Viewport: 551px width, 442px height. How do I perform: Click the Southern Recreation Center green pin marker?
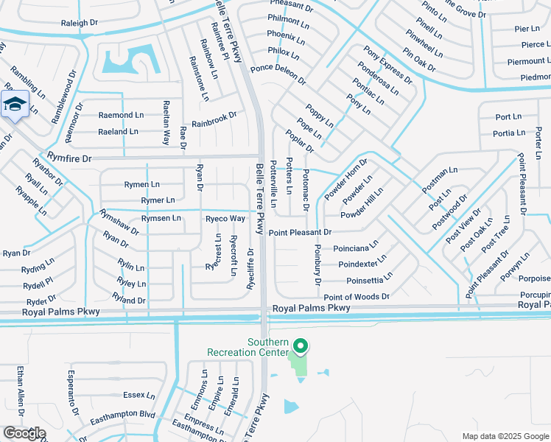[x=300, y=345]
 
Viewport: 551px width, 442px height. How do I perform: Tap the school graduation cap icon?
[x=15, y=105]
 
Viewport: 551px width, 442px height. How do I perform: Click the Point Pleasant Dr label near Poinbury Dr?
[x=299, y=233]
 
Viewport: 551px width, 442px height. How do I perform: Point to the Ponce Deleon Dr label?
[x=277, y=73]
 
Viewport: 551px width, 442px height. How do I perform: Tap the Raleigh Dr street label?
[x=80, y=24]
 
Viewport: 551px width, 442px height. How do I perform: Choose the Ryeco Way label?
[x=225, y=219]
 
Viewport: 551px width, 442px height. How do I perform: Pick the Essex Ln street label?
[x=139, y=395]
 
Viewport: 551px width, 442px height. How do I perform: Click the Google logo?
[x=24, y=433]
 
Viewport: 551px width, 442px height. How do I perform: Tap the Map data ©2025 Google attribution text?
[x=505, y=436]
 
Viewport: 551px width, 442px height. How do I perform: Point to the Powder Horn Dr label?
[x=345, y=180]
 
